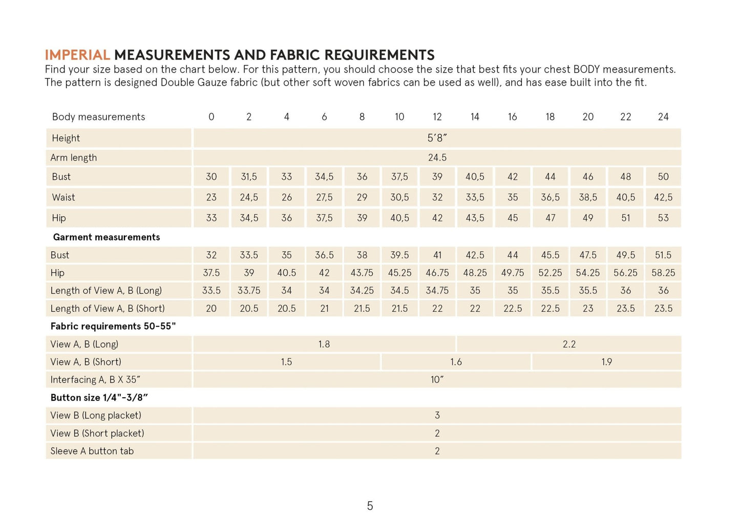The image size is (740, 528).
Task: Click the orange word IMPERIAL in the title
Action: [x=77, y=55]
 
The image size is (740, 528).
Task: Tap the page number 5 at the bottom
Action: [x=370, y=506]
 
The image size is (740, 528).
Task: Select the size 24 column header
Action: [x=663, y=117]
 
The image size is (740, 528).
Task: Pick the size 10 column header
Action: [x=399, y=117]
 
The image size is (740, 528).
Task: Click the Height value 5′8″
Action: [x=437, y=138]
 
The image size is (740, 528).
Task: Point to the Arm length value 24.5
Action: [x=437, y=157]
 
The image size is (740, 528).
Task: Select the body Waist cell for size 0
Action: [x=211, y=197]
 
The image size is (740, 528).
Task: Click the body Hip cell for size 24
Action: [x=663, y=218]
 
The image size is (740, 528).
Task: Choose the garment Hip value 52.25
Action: [x=550, y=273]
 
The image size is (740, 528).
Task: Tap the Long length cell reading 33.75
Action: [x=249, y=291]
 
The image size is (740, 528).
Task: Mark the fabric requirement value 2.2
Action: [x=569, y=344]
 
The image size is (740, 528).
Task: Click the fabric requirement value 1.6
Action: [x=456, y=362]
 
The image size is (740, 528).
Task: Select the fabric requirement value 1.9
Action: [x=606, y=362]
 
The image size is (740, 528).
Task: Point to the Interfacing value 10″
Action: [x=437, y=380]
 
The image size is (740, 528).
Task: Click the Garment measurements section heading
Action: [x=107, y=237]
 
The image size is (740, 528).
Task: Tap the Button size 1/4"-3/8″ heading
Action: [x=99, y=398]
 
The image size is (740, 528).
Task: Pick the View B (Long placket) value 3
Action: [x=437, y=415]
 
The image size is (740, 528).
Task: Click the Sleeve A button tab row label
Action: [x=92, y=451]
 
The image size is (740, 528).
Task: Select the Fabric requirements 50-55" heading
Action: [x=113, y=327]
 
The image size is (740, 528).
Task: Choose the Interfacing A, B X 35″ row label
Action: [x=95, y=380]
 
